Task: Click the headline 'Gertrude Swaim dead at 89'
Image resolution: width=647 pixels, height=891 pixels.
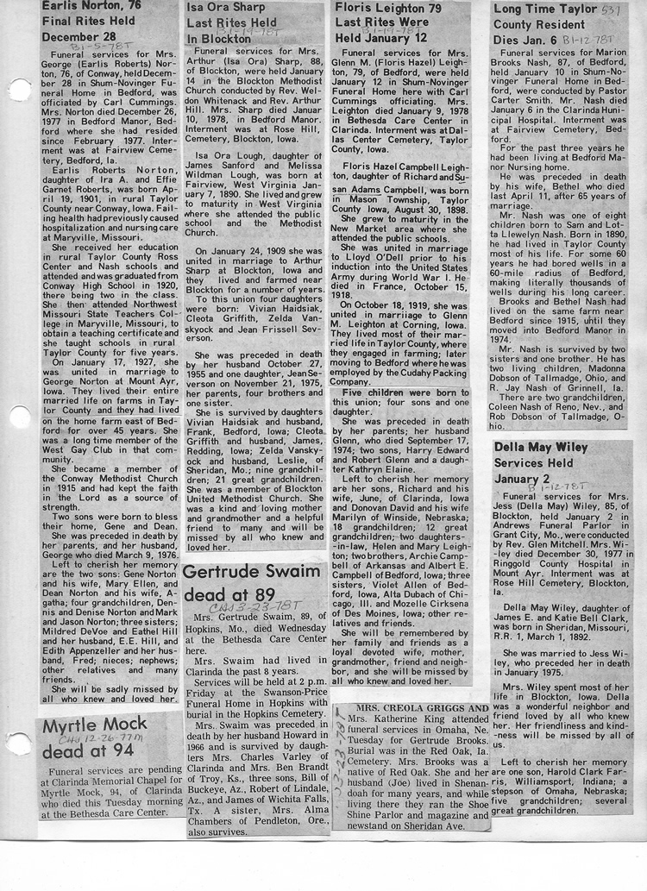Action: click(250, 585)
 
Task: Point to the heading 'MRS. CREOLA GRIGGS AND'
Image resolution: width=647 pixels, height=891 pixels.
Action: click(414, 707)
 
